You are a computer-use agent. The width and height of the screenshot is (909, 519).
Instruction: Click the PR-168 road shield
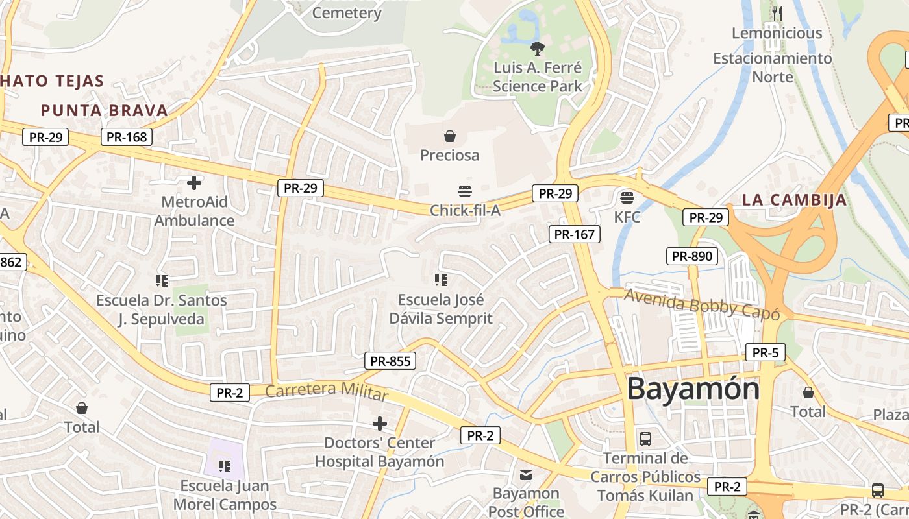click(127, 137)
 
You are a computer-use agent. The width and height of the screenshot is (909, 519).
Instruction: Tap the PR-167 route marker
click(574, 234)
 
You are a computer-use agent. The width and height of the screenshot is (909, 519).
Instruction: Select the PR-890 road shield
click(692, 256)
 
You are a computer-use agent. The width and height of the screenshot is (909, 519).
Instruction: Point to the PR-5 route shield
click(766, 353)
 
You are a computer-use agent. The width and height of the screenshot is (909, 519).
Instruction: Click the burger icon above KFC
click(627, 197)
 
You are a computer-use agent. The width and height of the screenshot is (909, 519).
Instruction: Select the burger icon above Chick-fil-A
click(465, 191)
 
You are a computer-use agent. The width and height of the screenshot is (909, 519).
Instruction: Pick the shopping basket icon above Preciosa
click(449, 136)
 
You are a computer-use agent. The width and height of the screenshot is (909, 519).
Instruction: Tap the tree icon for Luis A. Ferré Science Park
click(537, 48)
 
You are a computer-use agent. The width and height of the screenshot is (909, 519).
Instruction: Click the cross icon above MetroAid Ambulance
click(193, 182)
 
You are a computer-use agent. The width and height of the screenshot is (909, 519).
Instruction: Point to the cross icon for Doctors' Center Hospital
click(379, 424)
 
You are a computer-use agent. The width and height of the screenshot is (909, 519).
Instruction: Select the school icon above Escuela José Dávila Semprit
click(441, 280)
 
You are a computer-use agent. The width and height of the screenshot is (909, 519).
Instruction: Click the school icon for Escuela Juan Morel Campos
click(225, 466)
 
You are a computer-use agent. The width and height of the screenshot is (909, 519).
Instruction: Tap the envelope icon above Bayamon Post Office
click(526, 475)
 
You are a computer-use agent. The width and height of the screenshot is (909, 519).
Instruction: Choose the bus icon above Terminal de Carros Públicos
click(645, 439)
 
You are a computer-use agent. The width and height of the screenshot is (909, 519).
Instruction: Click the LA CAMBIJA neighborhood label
click(794, 200)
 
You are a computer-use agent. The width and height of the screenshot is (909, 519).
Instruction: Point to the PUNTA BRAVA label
click(105, 110)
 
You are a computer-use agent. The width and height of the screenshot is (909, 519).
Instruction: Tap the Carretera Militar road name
click(327, 391)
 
